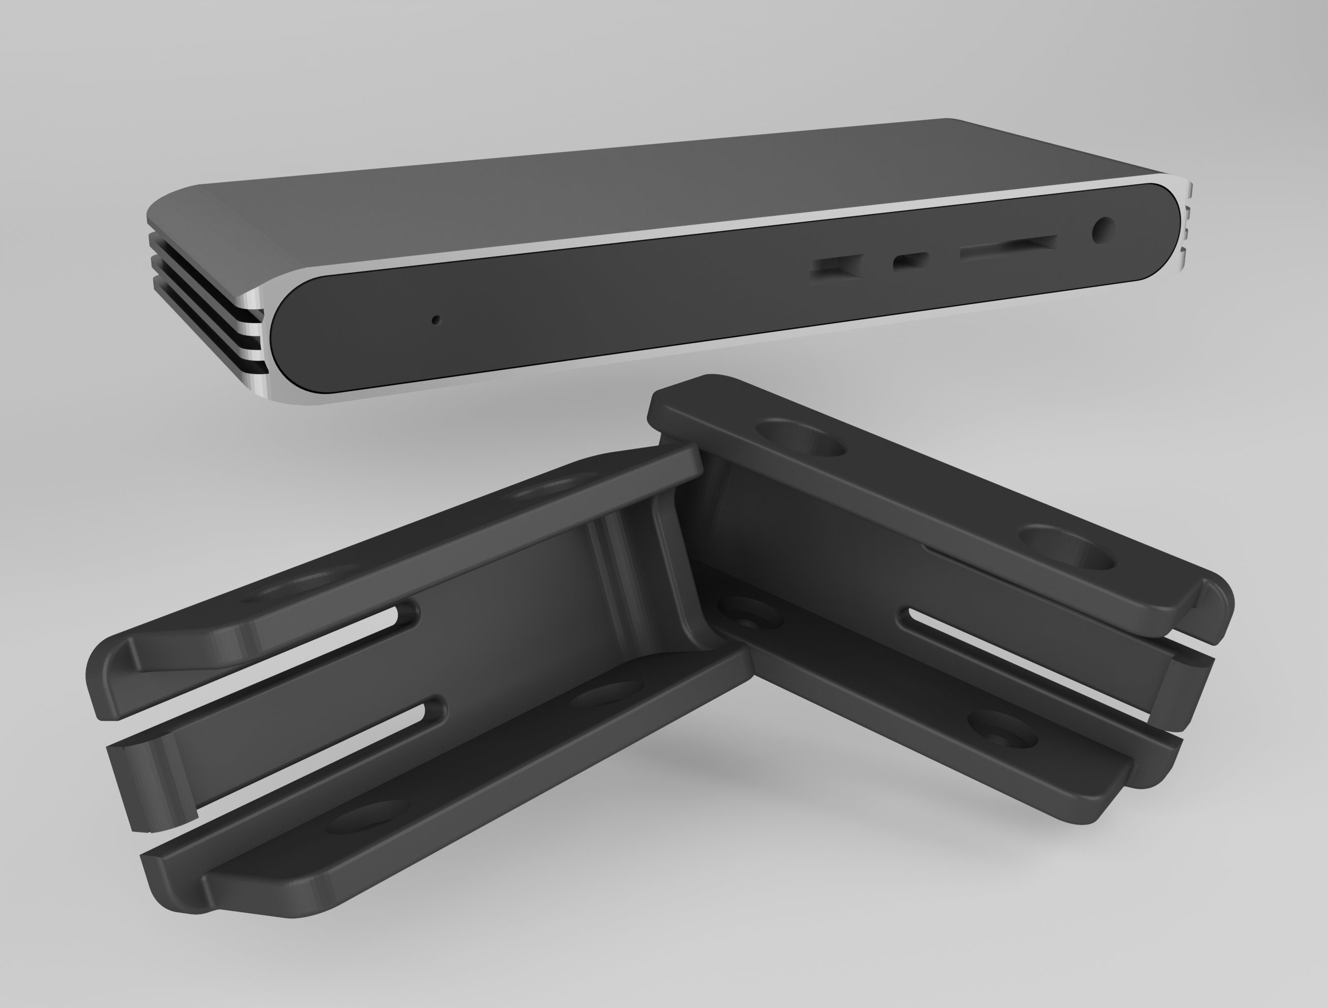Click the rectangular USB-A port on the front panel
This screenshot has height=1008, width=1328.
836,267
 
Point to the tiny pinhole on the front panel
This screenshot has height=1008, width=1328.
436,320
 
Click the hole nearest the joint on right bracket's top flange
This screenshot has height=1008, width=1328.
800,438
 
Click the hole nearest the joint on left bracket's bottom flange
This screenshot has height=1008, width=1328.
606,693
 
